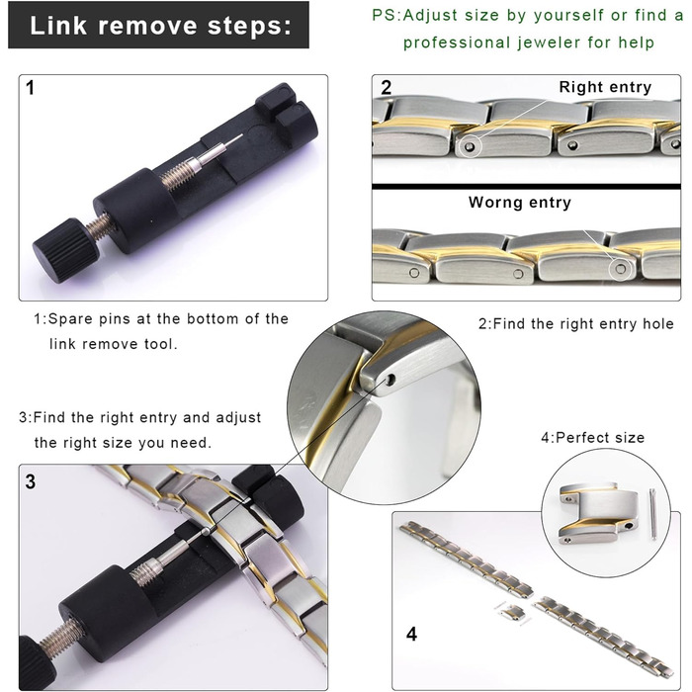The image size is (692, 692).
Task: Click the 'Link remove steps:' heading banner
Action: tap(158, 25)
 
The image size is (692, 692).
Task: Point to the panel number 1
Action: tap(30, 87)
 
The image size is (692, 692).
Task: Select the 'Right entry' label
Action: tap(605, 87)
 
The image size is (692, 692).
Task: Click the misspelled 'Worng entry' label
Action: tap(520, 203)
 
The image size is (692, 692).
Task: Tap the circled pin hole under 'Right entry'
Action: tap(470, 146)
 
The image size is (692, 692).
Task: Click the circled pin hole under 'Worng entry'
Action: tap(621, 269)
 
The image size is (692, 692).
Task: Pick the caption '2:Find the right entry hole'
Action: tap(576, 324)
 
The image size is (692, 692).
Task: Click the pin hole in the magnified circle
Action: tap(390, 379)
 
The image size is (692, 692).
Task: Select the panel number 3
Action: tap(30, 481)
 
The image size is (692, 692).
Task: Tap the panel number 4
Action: tap(411, 634)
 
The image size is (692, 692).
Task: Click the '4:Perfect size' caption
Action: tap(593, 437)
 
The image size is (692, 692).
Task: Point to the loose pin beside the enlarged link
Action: tap(653, 514)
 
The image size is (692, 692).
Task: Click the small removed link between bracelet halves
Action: tap(512, 612)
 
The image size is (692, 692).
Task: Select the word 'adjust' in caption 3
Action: tap(238, 417)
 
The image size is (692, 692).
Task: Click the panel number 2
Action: tap(387, 87)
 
